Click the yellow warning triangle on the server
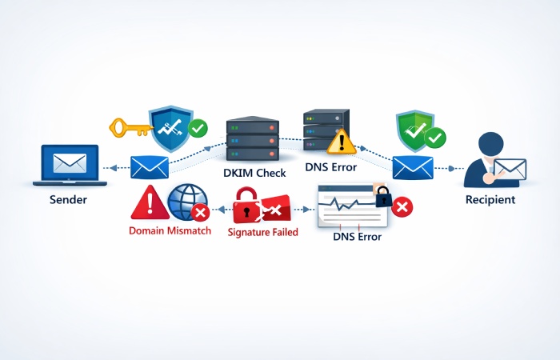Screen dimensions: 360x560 342,142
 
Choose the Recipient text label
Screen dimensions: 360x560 490,199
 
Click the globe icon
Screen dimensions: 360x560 186,202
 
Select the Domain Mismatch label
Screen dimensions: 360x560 169,230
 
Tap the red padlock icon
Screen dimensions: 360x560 246,208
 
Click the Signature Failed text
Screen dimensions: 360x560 262,232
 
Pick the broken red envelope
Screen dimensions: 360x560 276,210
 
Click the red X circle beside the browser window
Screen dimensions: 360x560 403,208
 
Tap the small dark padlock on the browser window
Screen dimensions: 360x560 382,196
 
